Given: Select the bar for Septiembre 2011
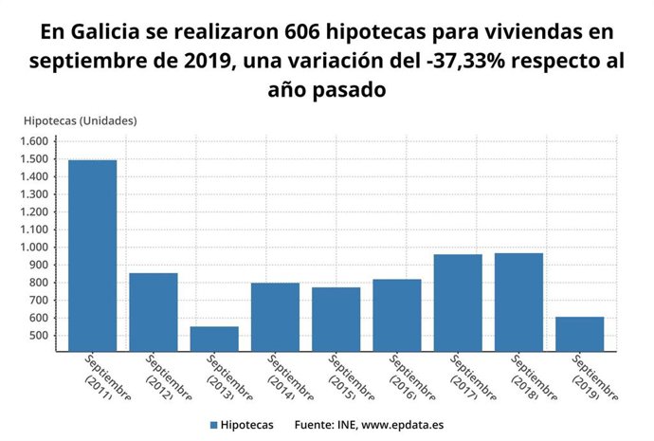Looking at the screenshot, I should pos(92,255).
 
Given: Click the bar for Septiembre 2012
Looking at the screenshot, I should pos(154,312).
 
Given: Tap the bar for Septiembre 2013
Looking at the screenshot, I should pos(214,339).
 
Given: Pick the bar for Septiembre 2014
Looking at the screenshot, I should pos(275,317).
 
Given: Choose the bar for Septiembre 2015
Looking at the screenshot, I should pos(336,319).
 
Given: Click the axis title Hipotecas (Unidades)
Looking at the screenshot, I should pos(81,120).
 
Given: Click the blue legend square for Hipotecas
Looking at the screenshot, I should pos(214,424).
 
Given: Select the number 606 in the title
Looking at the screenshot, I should pos(304,32).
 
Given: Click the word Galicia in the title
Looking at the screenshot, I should pos(100,32).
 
